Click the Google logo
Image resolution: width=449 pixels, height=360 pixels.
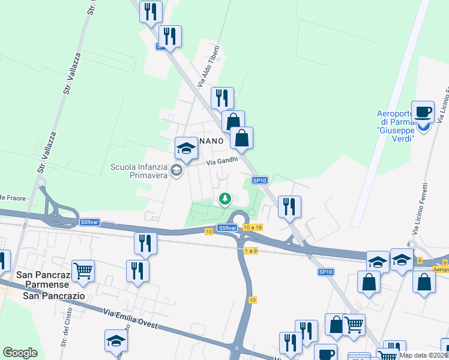pyautogui.click(x=20, y=353)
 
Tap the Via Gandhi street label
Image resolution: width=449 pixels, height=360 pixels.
pyautogui.click(x=222, y=161)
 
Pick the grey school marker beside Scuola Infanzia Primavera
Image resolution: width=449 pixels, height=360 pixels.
pyautogui.click(x=176, y=170)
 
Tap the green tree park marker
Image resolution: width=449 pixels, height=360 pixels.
pyautogui.click(x=225, y=198)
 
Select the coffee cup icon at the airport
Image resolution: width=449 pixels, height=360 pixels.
pyautogui.click(x=423, y=112)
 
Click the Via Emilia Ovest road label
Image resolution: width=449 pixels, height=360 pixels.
pyautogui.click(x=130, y=318)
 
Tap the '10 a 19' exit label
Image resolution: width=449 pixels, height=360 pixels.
pyautogui.click(x=253, y=227)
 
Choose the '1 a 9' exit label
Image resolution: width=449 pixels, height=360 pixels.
pyautogui.click(x=250, y=251)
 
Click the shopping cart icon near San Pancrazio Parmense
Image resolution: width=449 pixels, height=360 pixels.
pyautogui.click(x=83, y=270)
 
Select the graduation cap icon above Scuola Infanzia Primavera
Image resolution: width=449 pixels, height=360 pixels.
pyautogui.click(x=186, y=148)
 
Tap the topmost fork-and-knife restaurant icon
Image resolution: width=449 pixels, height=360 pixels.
pyautogui.click(x=151, y=11)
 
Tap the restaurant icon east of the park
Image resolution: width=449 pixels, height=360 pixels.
pyautogui.click(x=289, y=206)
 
